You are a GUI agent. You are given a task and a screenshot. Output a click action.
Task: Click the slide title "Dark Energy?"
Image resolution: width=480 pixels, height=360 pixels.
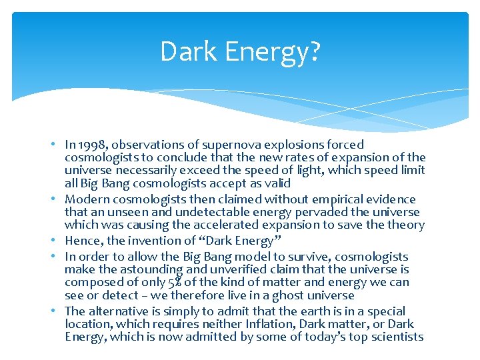(x=240, y=51)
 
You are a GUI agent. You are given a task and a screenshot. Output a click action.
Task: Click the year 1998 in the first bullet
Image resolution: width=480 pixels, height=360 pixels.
(x=90, y=145)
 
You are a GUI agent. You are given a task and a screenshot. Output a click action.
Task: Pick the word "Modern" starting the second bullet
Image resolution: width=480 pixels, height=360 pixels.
(x=84, y=199)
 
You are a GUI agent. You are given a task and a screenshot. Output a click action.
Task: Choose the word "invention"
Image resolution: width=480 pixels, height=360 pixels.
(x=147, y=241)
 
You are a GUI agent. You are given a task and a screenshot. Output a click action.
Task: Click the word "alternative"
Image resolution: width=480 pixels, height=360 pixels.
(x=118, y=311)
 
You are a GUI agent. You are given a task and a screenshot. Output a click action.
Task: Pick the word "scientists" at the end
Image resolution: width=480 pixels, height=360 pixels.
(x=397, y=337)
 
